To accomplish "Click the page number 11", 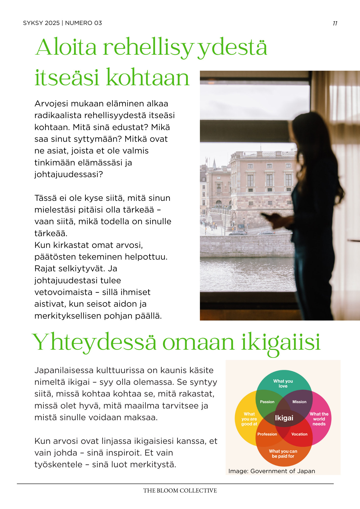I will pos(335,23).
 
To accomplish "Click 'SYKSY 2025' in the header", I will pos(41,23).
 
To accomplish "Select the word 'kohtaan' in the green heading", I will pos(148,77).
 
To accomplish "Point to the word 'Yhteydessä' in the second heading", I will pos(94,342).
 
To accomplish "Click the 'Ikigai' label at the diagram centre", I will pos(284,418).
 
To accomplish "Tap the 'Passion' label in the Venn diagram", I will pos(267,402).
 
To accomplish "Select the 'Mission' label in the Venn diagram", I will pos(299,402).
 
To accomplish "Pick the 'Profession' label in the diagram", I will pos(267,434).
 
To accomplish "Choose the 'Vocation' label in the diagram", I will pos(299,434).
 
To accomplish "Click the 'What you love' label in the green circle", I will pos(283,384).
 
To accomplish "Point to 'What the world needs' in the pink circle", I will pos(319,419).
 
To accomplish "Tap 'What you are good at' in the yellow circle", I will pos(249,419).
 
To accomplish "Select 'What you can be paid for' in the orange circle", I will pos(283,454).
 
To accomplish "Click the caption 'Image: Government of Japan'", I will pos(272,471).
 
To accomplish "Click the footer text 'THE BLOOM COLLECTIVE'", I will pos(180,491).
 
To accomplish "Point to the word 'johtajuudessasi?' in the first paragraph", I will pos(68,174).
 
